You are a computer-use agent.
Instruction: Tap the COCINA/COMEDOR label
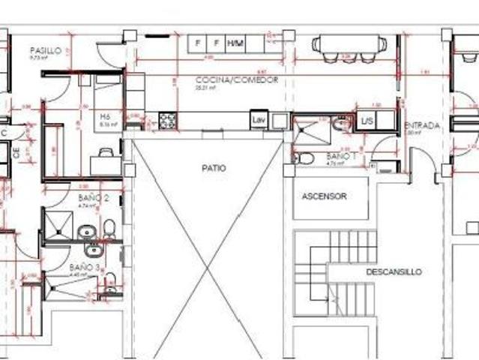(x=237, y=79)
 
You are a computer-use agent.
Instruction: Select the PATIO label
(x=213, y=168)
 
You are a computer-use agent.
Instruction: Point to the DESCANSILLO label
(x=394, y=271)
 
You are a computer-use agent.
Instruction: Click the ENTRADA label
(x=422, y=125)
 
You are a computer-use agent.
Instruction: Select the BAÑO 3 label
(x=85, y=266)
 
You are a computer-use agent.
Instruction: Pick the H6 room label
(x=105, y=118)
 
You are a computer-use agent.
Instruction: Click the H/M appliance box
(x=236, y=43)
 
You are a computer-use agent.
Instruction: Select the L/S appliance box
(x=367, y=120)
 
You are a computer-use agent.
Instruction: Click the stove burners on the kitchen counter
(x=166, y=119)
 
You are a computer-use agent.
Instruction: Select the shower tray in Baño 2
(x=58, y=224)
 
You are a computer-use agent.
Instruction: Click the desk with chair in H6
(x=105, y=160)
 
